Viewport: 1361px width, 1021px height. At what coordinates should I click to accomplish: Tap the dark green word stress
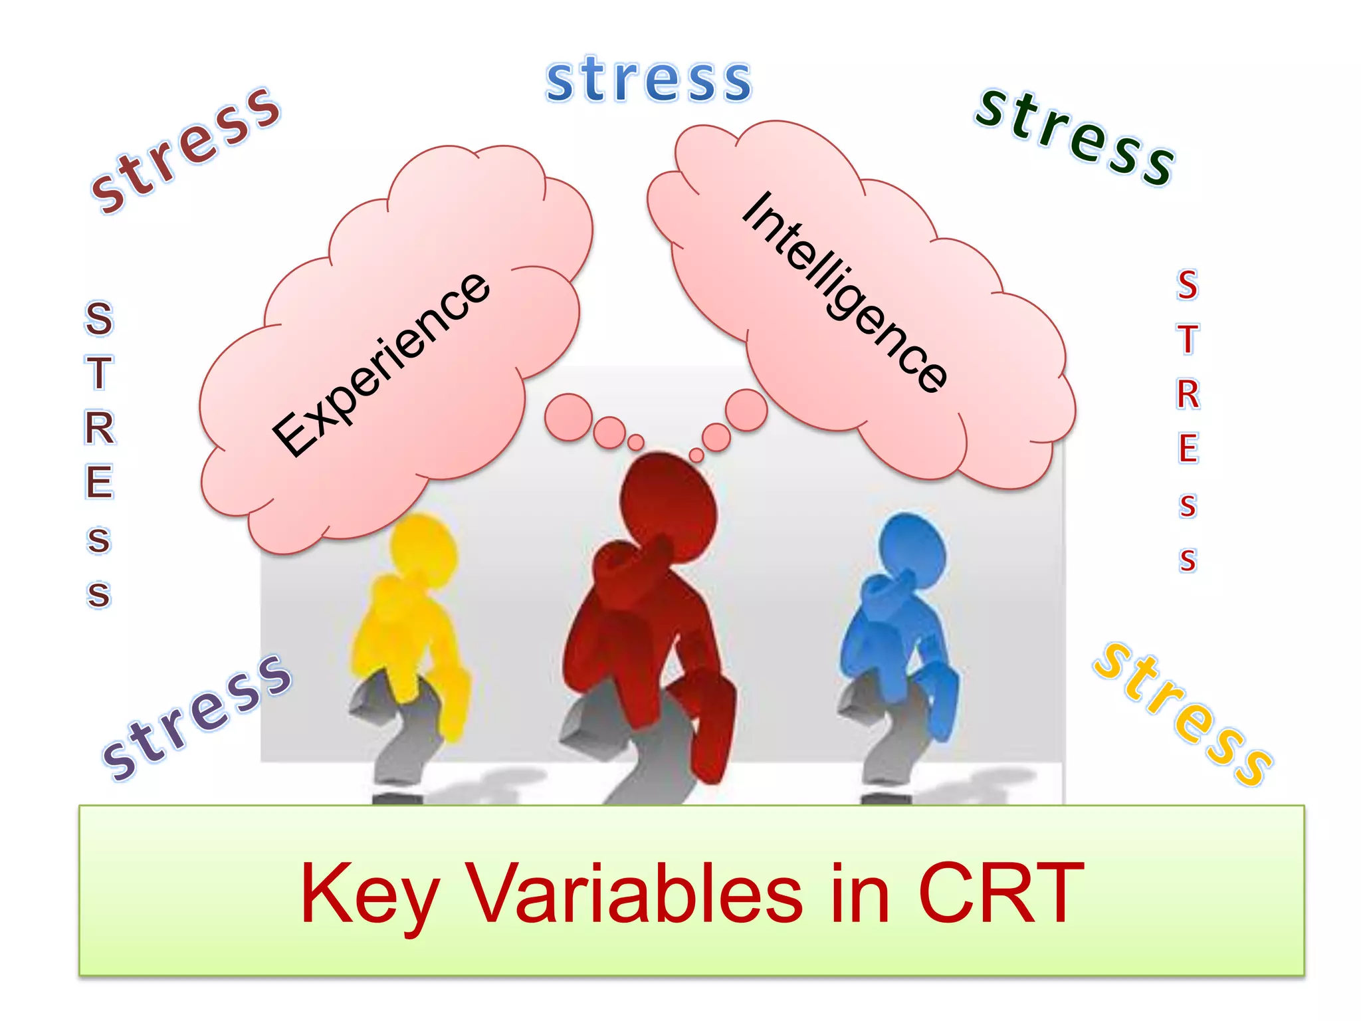[x=1075, y=136]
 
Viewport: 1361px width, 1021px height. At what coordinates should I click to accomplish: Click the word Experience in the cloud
[x=381, y=365]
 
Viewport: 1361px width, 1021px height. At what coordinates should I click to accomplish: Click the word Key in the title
[x=369, y=894]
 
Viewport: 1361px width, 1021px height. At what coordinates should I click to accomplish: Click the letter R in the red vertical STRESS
[x=1188, y=394]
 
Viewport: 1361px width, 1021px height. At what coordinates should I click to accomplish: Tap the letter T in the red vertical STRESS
[x=1188, y=340]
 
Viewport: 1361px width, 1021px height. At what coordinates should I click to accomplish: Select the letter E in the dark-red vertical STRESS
[x=100, y=482]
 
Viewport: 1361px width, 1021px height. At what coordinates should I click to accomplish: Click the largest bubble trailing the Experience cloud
[x=568, y=417]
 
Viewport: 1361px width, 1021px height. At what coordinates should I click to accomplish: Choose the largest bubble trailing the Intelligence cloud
[x=746, y=409]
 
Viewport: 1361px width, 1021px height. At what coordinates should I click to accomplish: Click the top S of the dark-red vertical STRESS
[x=100, y=318]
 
